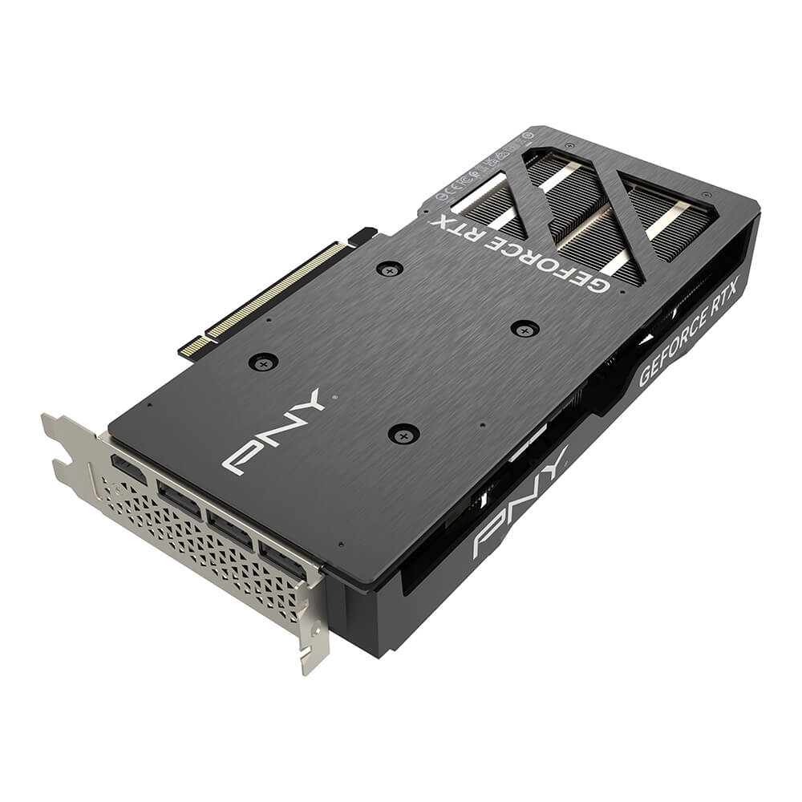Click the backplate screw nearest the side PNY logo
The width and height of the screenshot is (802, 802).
[x=403, y=435]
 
